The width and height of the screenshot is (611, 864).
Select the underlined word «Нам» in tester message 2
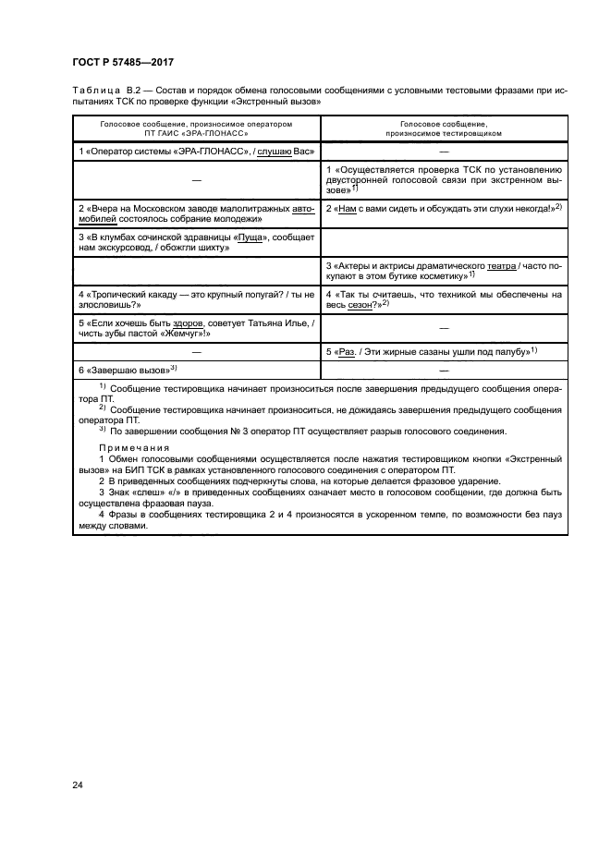coord(346,209)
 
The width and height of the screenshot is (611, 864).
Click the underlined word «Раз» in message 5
coord(348,352)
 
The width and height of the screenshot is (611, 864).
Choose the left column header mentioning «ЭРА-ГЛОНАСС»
coord(195,128)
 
